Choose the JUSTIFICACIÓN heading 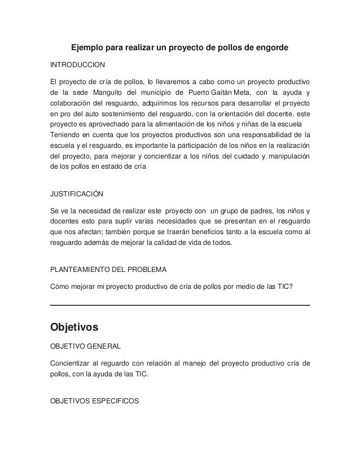(77, 194)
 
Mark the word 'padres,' (269, 211)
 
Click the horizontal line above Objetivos (180, 305)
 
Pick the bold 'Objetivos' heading (74, 327)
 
